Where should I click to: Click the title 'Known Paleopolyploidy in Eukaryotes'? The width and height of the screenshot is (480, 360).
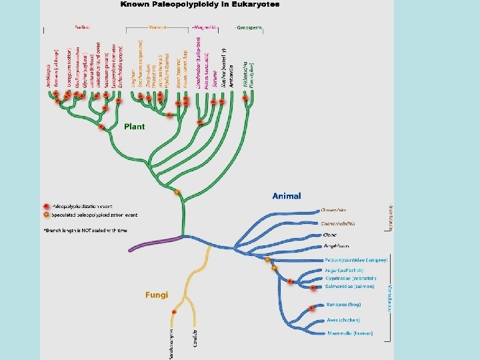200,5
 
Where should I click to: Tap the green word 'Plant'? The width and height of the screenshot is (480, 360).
134,126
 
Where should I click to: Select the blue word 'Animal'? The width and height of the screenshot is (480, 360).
287,196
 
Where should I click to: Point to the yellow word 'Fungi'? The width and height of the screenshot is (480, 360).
157,295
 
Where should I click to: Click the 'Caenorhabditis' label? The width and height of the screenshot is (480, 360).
337,223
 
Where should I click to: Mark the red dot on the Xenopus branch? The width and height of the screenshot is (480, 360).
312,309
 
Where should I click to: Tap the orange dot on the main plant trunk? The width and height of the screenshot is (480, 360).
177,193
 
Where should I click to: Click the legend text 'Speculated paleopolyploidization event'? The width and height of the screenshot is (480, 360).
94,215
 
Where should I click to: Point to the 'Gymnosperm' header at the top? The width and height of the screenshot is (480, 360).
248,28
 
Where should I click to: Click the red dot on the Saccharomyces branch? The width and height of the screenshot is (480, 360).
175,312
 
